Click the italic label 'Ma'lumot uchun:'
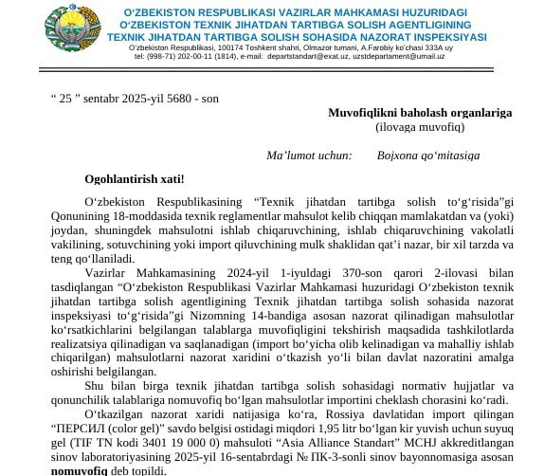309,155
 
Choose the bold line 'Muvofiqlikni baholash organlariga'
419,112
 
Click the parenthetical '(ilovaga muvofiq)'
419,125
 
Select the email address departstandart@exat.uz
315,56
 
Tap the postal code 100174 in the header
232,46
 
